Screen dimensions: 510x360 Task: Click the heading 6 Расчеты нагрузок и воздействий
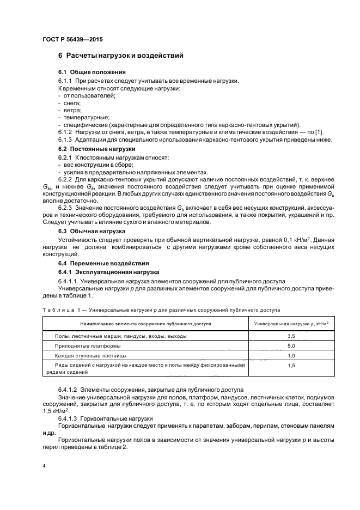point(120,56)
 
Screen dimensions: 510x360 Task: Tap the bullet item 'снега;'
point(71,103)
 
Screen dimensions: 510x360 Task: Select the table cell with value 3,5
point(291,337)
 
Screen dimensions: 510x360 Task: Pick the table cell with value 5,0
point(291,346)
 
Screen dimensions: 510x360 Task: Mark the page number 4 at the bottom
point(44,467)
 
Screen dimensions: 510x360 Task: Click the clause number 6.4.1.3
point(69,418)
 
